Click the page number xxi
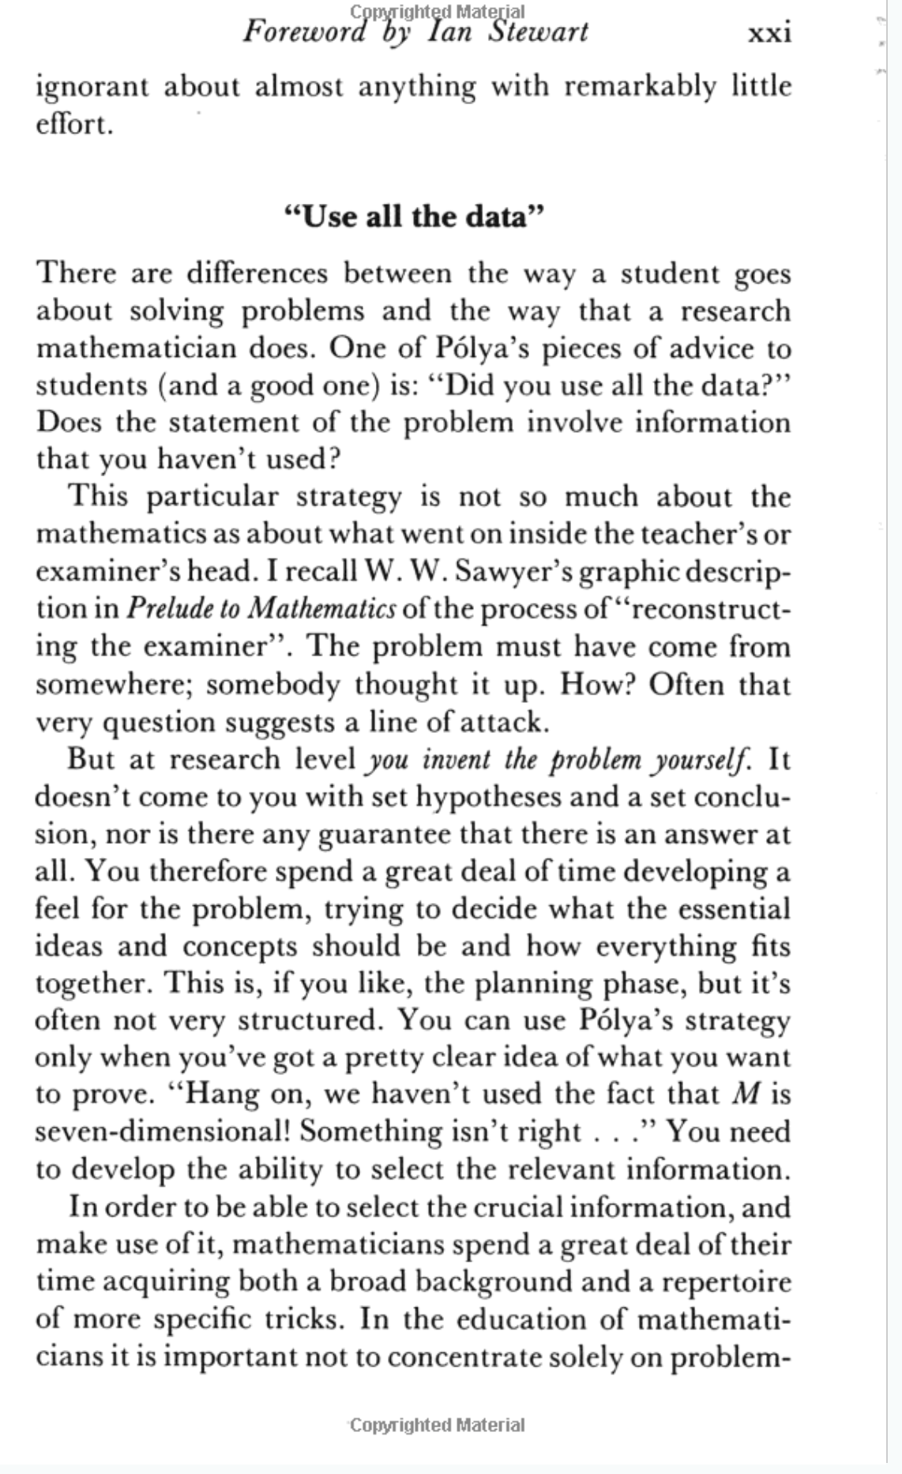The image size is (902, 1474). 769,32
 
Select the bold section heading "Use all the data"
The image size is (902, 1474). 415,216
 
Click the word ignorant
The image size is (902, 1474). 92,87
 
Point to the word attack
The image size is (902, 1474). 504,722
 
